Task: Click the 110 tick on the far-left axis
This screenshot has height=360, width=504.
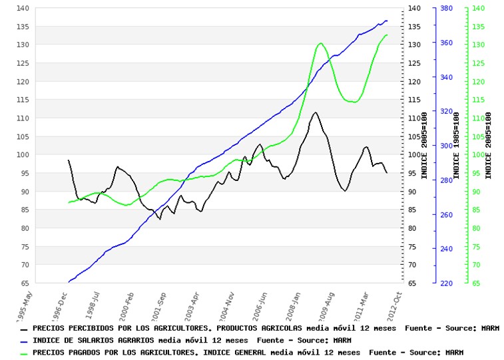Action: coord(23,118)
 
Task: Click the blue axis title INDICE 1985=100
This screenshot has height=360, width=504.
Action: coord(457,145)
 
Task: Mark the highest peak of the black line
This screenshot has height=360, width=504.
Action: coord(315,112)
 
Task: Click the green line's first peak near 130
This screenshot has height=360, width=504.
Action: coord(321,43)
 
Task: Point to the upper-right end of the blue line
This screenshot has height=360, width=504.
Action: coord(386,21)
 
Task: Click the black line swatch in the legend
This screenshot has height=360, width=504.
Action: coord(25,329)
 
